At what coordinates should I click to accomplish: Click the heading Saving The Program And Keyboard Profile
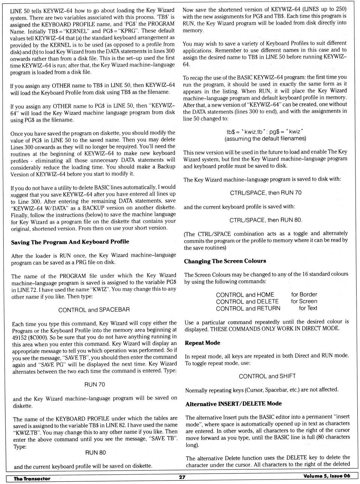pos(70,242)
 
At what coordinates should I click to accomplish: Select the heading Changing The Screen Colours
pos(225,261)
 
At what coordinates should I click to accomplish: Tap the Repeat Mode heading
pos(202,343)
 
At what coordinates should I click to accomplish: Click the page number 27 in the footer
pos(182,477)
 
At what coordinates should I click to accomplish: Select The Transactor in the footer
pos(32,478)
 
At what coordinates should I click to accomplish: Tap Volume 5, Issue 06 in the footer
pos(327,476)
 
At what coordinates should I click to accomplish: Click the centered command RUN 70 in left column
pos(94,384)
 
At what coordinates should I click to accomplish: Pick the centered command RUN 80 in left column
pos(95,453)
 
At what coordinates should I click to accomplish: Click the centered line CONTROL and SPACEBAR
pos(94,310)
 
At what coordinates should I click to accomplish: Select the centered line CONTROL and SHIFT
pos(267,376)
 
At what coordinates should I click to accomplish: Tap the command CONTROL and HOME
pos(245,295)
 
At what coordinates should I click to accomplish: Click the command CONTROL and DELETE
pos(247,302)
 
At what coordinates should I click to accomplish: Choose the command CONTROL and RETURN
pos(248,308)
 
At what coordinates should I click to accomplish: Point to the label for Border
pos(304,294)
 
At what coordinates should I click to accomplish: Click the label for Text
pos(308,308)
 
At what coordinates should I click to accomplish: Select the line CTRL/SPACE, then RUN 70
pos(265,193)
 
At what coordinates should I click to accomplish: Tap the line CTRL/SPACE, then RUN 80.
pos(265,220)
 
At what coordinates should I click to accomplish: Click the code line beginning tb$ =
pos(265,132)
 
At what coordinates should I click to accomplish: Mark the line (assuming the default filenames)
pos(265,139)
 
